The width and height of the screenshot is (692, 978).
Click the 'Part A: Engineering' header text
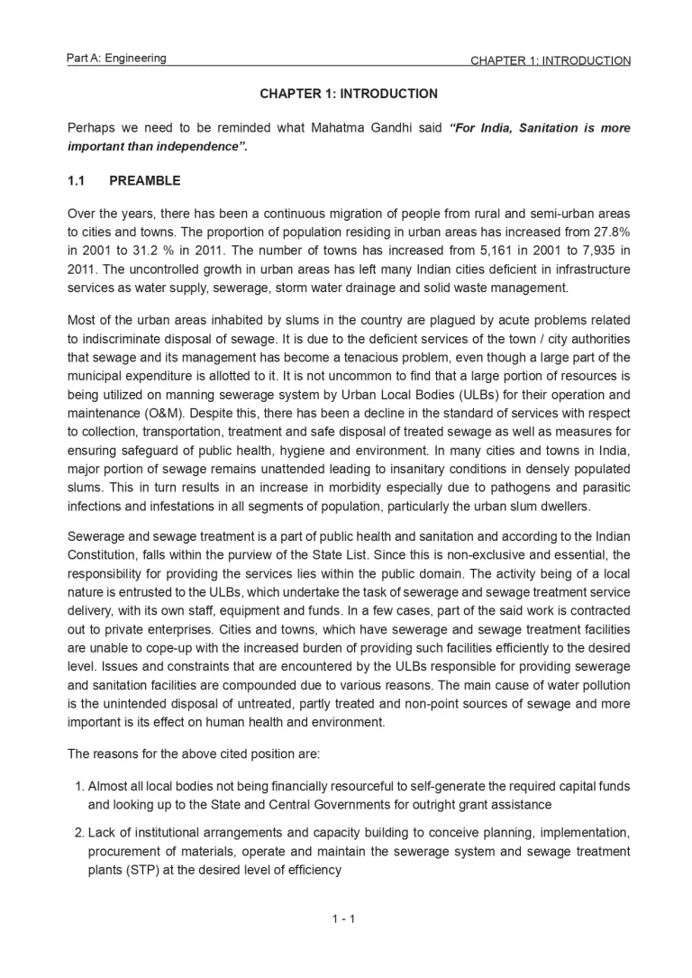pyautogui.click(x=116, y=59)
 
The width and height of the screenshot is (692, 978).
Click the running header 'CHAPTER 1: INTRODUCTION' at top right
pyautogui.click(x=550, y=61)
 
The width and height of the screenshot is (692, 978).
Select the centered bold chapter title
pyautogui.click(x=349, y=94)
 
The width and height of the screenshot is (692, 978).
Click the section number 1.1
pyautogui.click(x=77, y=180)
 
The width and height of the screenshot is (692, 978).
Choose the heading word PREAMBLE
pyautogui.click(x=144, y=180)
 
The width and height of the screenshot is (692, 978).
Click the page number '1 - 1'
pyautogui.click(x=344, y=919)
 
